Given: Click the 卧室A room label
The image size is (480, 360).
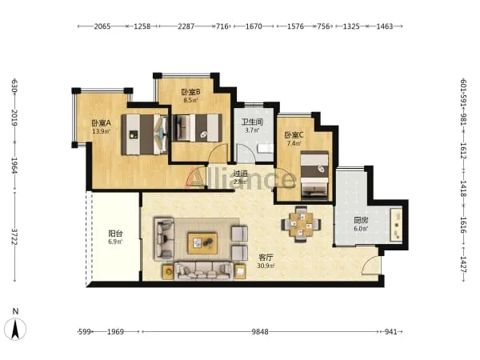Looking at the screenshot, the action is click(101, 123).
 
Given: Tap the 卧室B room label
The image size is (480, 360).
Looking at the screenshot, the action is click(190, 91).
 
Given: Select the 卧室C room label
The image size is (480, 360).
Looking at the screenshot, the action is click(294, 134).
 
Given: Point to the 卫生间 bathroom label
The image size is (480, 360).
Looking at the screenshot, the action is click(252, 122).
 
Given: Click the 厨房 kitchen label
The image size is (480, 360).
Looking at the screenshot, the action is click(361, 220).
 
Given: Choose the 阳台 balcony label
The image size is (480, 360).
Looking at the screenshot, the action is click(115, 234).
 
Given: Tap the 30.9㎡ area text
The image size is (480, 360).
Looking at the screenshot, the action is click(266, 266).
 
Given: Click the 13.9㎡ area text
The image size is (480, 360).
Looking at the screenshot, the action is click(101, 132).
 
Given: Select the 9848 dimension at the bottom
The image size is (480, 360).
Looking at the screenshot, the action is click(260, 331).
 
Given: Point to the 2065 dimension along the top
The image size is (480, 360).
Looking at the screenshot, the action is click(102, 26).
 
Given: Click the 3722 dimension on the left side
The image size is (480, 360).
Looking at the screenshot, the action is click(14, 237).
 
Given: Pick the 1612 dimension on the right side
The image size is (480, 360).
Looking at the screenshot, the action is click(463, 151).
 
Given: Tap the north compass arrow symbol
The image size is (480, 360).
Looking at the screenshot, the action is click(15, 329).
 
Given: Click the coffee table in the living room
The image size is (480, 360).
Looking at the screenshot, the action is click(202, 243).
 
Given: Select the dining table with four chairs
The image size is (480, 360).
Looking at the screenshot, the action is click(302, 224).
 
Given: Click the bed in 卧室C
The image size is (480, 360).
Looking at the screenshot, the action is click(314, 175).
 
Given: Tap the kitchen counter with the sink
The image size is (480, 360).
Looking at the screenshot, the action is click(397, 224).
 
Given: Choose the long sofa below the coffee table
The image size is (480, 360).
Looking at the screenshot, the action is click(203, 271).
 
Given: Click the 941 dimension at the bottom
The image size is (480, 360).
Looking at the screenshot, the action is click(390, 331).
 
